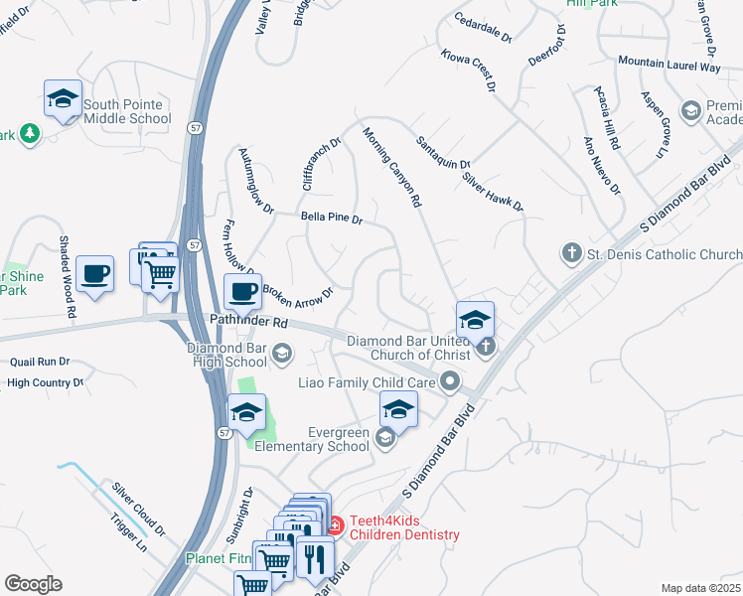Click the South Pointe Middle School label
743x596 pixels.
coord(127,111)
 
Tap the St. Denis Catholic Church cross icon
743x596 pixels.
coord(571,253)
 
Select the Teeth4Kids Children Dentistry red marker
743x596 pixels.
coord(335,523)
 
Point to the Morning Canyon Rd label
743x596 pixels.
coord(391,166)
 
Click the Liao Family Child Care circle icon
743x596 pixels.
coord(451,380)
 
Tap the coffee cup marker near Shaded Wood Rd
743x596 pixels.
coord(95,273)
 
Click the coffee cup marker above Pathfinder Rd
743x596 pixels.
coord(242,293)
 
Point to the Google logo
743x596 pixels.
coord(33,584)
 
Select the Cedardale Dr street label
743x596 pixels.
coord(483,27)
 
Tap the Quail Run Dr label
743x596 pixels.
coord(36,362)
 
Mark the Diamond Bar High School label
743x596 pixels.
coord(226,355)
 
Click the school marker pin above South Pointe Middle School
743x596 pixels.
coord(63,99)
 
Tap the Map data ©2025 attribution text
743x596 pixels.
coord(700,588)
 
